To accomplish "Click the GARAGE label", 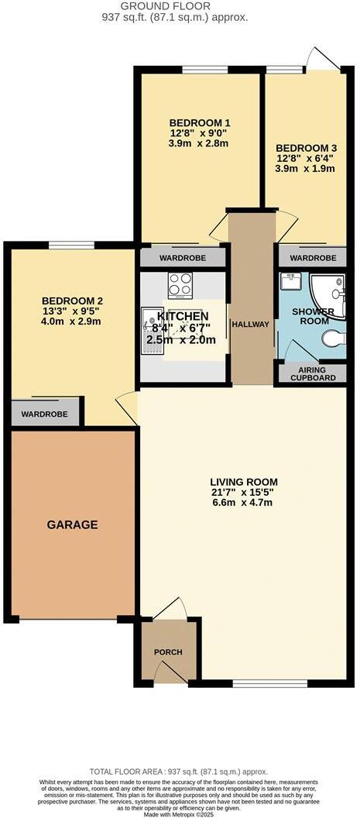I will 72,524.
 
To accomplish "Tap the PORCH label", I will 167,652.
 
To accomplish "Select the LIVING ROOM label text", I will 245,481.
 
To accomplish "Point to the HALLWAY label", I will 250,325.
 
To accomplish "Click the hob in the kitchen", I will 180,285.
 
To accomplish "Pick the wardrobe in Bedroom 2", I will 44,414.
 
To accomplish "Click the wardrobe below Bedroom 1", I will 182,257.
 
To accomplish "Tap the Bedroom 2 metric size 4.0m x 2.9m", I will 72,321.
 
